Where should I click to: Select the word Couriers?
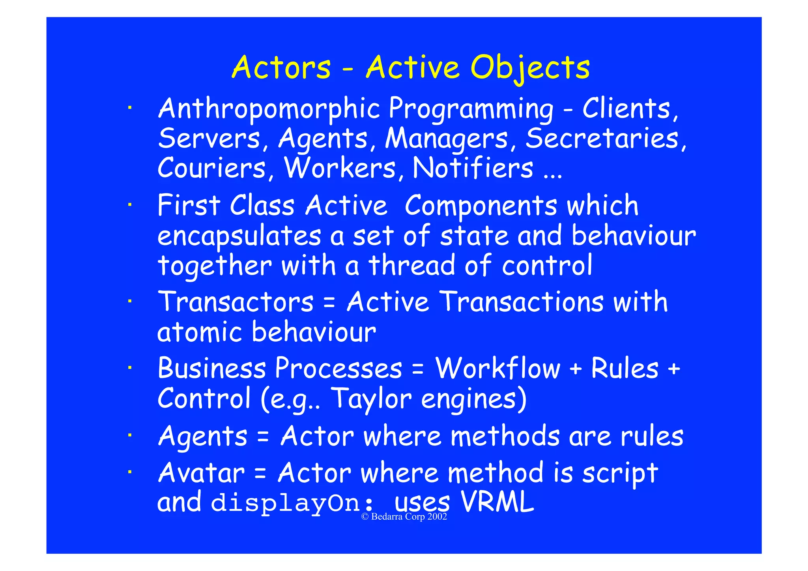pyautogui.click(x=212, y=168)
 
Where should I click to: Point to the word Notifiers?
pyautogui.click(x=473, y=168)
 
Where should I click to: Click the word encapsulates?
pyautogui.click(x=239, y=236)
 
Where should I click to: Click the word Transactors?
pyautogui.click(x=236, y=302)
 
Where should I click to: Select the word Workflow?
pyautogui.click(x=498, y=369)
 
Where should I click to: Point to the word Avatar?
pyautogui.click(x=201, y=473)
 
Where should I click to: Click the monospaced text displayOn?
pyautogui.click(x=292, y=504)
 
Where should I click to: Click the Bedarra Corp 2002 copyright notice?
pyautogui.click(x=404, y=517)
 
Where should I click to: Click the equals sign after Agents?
pyautogui.click(x=263, y=437)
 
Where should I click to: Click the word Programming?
pyautogui.click(x=471, y=109)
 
